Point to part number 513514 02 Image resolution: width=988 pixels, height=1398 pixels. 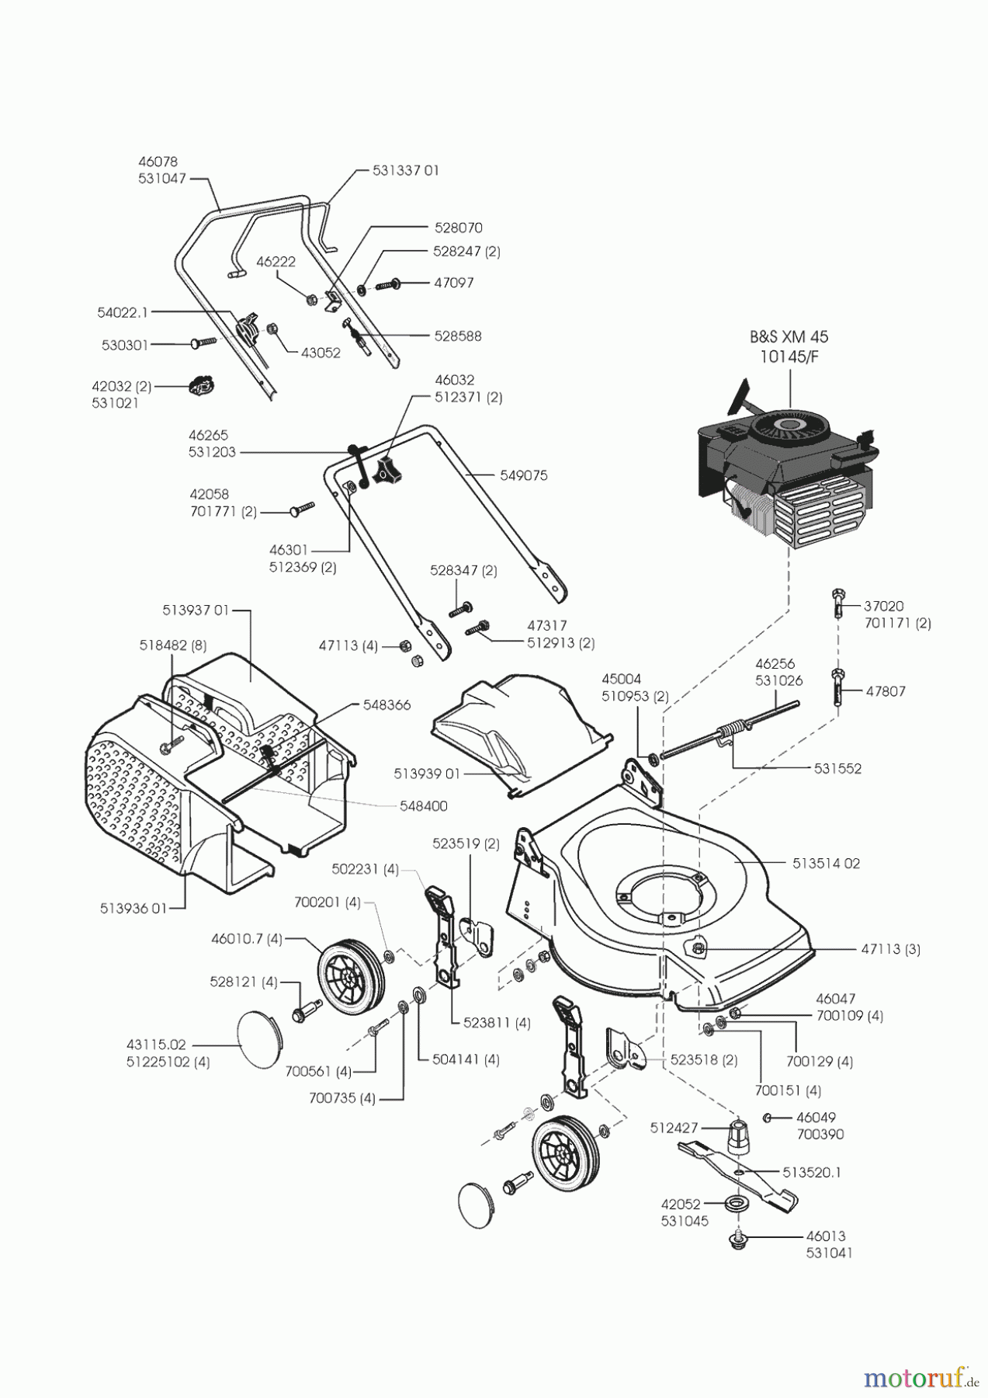tap(827, 863)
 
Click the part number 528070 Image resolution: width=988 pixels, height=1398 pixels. tap(457, 228)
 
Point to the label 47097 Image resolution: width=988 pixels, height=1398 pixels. tap(453, 283)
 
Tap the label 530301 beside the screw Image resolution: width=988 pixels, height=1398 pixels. tap(125, 344)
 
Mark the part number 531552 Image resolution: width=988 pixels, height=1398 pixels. tap(837, 768)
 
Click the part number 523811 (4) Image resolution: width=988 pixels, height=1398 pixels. tap(497, 1023)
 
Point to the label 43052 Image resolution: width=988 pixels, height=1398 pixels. tap(321, 352)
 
